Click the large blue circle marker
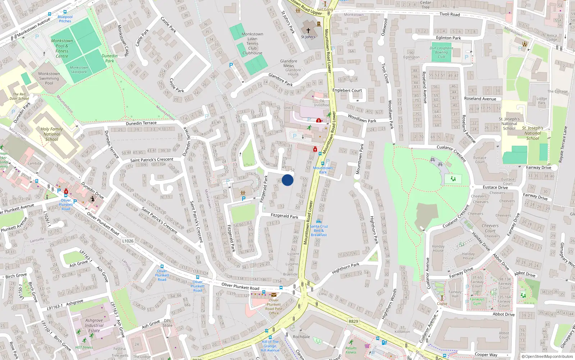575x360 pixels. tap(287, 180)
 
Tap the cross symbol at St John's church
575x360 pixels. tap(308, 31)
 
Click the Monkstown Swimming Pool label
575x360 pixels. tap(49, 78)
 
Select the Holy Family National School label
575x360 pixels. tap(52, 134)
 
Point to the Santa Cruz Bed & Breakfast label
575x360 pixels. tap(319, 230)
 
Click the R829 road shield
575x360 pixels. tap(353, 321)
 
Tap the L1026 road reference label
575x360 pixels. tap(128, 241)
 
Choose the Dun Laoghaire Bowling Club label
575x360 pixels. tap(441, 52)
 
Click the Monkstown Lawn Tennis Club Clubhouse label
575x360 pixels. tap(252, 44)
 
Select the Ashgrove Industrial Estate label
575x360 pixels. tap(94, 325)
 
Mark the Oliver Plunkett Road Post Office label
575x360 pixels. tap(274, 307)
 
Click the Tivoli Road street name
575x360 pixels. tap(450, 14)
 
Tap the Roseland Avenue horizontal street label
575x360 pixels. tap(480, 99)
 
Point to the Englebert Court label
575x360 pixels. tap(347, 90)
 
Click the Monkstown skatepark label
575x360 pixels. tap(79, 69)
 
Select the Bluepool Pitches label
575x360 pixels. tap(65, 19)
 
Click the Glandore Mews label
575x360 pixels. tap(289, 63)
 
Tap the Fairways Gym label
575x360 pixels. tap(477, 301)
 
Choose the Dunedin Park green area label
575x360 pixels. tap(110, 58)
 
